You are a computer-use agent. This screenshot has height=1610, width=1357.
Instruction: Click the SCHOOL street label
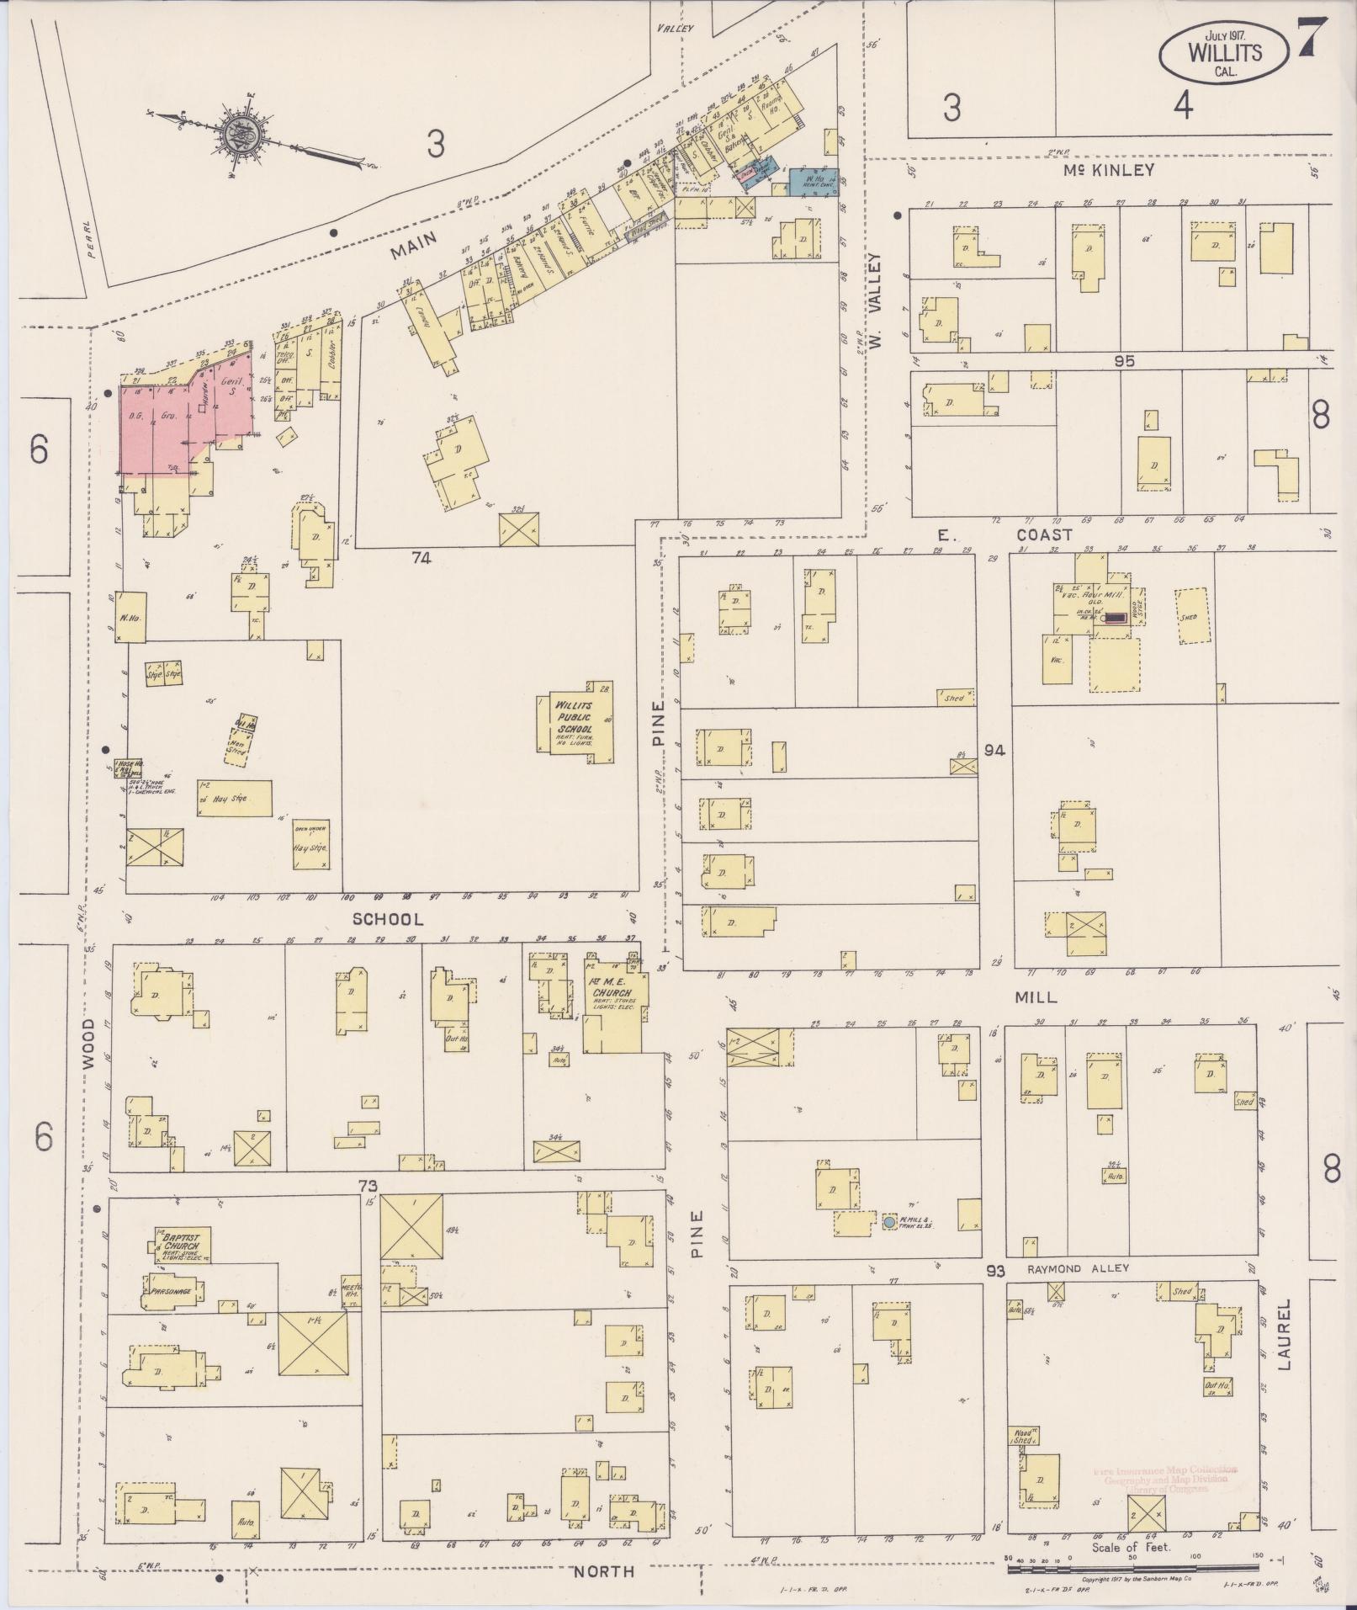point(387,918)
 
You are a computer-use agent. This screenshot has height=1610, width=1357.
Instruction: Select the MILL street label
point(1036,997)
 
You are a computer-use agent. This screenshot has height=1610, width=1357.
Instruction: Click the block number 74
point(421,557)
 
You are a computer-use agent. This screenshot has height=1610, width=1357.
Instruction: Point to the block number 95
point(1124,361)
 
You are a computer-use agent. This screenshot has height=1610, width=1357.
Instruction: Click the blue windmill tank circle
point(889,1221)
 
